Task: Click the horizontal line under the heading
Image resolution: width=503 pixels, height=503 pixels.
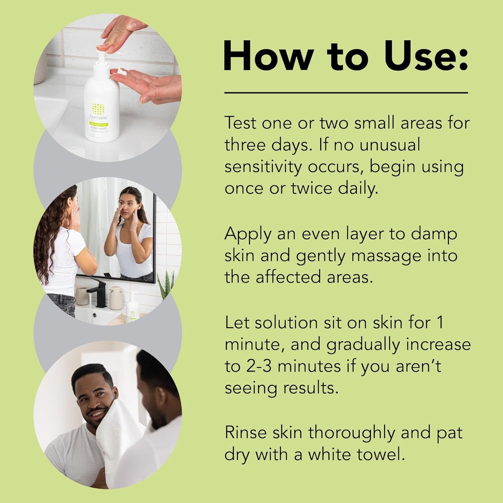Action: pos(346,93)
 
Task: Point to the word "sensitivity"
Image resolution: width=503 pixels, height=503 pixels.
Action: pos(263,167)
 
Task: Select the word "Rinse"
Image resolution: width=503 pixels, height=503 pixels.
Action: pos(246,433)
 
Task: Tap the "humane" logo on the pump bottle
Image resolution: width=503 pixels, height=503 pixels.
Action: pos(99,117)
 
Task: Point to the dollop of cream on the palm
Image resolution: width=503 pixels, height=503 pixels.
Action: pos(121,72)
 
